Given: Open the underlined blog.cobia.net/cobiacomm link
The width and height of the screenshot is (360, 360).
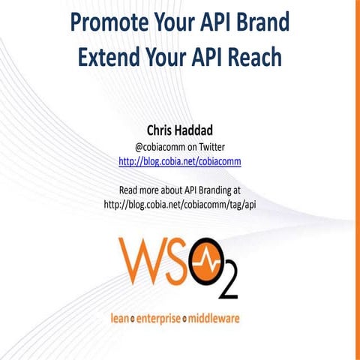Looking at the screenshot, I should point(180,161).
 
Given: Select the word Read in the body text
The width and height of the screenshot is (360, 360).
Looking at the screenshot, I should point(131,189).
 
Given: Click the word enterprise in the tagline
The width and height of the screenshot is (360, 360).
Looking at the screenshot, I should point(158,318).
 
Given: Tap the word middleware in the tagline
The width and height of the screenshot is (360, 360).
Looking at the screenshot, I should point(214,318).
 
